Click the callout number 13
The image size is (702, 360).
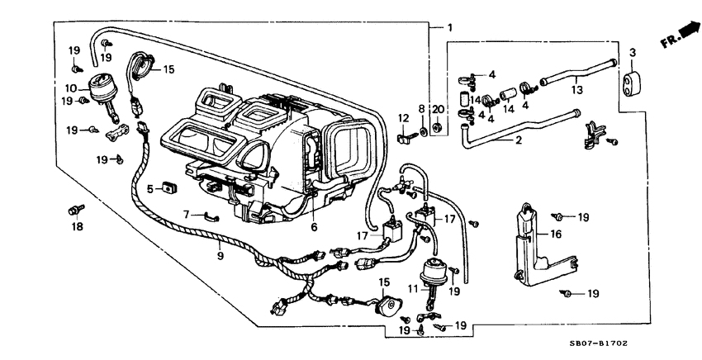pos(577,90)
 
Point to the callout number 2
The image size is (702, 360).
pos(519,140)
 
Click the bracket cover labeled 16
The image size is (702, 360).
pos(528,239)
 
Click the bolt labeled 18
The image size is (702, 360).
pos(77,211)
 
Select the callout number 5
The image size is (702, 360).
pos(150,188)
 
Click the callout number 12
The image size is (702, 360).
pos(404,118)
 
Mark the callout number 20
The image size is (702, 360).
pos(438,109)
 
